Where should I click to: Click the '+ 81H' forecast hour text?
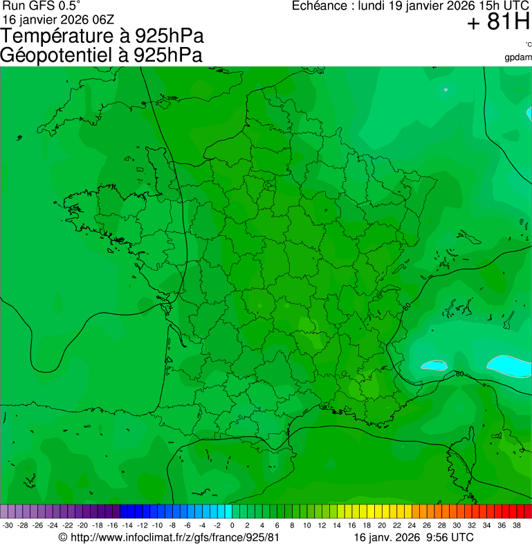(x=498, y=23)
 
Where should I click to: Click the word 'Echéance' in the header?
(x=320, y=6)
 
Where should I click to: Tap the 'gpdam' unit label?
(x=518, y=57)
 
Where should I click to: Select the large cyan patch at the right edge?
(x=511, y=363)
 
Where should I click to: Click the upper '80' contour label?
(x=405, y=305)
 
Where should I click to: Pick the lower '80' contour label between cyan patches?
(x=460, y=374)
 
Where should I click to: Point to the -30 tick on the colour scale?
(x=8, y=525)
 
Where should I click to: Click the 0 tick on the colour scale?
(x=232, y=525)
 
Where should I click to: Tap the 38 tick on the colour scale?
(x=517, y=525)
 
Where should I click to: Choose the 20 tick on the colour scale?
(x=382, y=525)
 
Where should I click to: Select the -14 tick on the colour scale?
(x=128, y=525)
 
